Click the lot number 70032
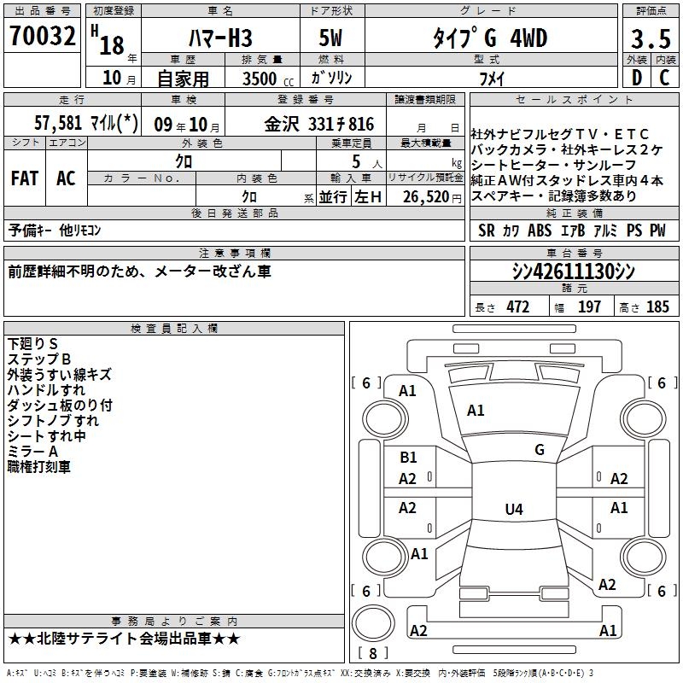coord(42,35)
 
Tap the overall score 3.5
coord(651,38)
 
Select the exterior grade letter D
coord(637,78)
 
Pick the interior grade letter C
coord(665,78)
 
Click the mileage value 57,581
coord(58,123)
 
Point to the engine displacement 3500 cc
coord(268,79)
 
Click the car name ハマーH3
coord(220,38)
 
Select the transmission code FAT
coord(25,178)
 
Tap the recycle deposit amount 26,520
coord(425,197)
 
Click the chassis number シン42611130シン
coord(574,271)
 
